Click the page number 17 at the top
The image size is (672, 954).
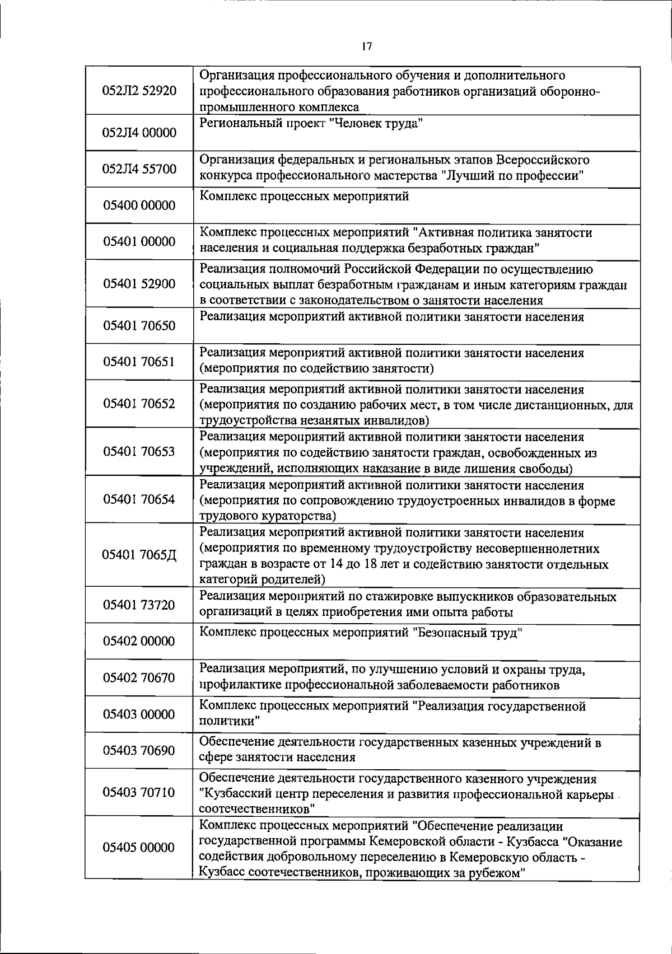click(367, 46)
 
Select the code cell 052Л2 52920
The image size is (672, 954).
click(139, 91)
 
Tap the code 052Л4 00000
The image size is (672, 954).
click(139, 133)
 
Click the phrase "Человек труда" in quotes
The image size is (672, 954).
click(377, 124)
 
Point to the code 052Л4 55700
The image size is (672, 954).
click(139, 169)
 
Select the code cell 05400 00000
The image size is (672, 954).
click(139, 205)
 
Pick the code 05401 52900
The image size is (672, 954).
click(139, 284)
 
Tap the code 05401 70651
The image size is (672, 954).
click(139, 362)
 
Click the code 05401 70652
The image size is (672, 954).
click(139, 404)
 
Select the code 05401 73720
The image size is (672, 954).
click(139, 605)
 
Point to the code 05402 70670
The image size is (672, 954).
click(139, 678)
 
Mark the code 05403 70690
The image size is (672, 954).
click(139, 751)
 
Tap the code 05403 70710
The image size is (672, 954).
click(139, 792)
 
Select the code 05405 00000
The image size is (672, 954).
click(139, 848)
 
